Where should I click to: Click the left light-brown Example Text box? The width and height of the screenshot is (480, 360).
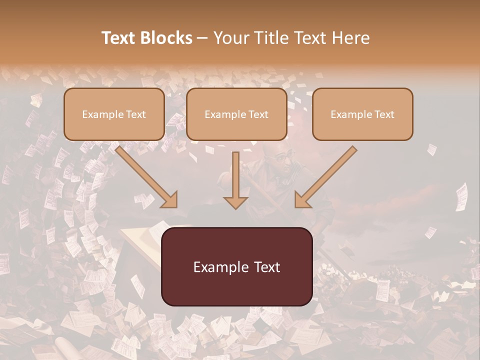[114, 114]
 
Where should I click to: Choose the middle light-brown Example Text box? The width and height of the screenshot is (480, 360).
[236, 114]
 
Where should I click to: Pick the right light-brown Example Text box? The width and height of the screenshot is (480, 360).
[362, 114]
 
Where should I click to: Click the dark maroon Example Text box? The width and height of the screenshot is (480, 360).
[237, 266]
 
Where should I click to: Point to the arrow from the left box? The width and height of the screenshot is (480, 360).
[145, 175]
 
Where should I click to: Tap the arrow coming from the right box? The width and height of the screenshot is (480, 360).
[327, 175]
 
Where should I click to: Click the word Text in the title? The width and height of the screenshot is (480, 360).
[119, 38]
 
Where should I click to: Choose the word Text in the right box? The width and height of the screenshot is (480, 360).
[383, 114]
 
